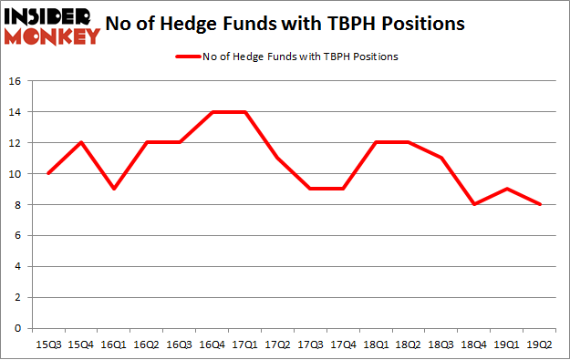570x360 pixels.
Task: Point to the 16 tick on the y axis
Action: [x=16, y=81]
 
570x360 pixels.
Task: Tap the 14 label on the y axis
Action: [x=16, y=112]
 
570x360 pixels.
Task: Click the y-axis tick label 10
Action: [x=16, y=174]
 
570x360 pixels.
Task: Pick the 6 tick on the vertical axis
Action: [x=19, y=236]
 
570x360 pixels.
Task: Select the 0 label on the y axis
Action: [x=19, y=329]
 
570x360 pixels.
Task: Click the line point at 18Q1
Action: [x=376, y=142]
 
